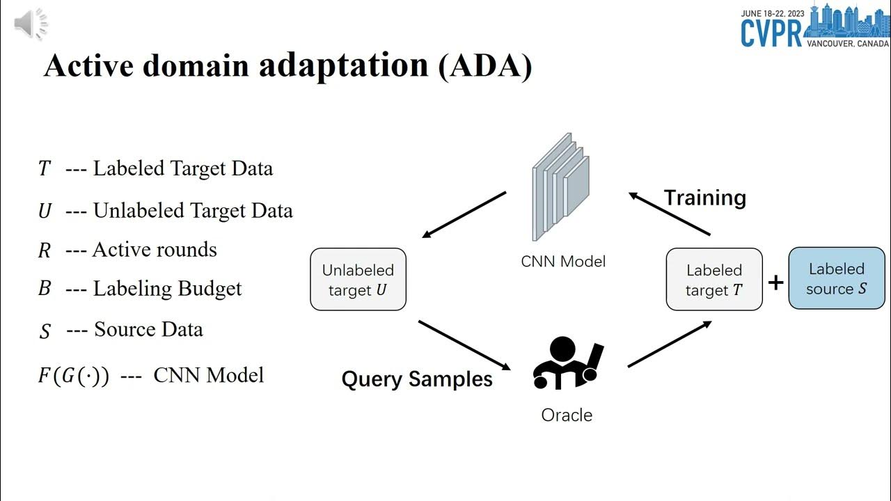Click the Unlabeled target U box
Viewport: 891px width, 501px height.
coord(358,280)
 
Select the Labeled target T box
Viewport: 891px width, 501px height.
coord(714,280)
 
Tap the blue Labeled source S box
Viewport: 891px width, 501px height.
coord(837,278)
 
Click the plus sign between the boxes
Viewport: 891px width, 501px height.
coord(775,282)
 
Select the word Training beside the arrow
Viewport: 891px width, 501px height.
coord(704,198)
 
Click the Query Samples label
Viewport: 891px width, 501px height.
coord(417,379)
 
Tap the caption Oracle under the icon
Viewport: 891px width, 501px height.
coord(567,415)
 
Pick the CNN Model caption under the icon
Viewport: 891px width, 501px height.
coord(563,262)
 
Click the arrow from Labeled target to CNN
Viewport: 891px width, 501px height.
coord(670,214)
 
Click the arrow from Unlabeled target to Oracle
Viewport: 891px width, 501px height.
coord(464,345)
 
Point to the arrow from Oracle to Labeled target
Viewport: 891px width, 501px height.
coord(670,344)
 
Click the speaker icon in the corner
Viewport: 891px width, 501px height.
coord(30,25)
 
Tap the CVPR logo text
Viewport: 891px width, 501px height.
coord(771,32)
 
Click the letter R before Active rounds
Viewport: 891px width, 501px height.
coord(45,250)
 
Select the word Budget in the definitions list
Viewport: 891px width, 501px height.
coord(210,289)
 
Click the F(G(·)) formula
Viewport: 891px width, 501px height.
coord(73,376)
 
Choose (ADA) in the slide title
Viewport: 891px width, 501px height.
coord(485,65)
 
